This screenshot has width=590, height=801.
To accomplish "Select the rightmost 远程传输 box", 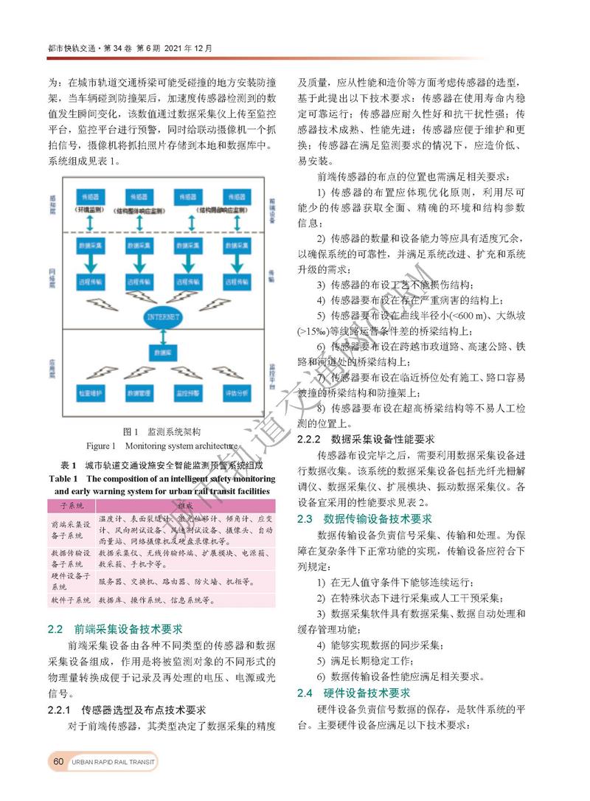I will point(236,282).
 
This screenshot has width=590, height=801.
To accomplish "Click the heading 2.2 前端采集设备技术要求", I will point(114,629).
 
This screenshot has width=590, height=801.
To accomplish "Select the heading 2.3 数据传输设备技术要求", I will point(364,519).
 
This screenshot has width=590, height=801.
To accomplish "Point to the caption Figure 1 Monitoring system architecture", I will point(163,446).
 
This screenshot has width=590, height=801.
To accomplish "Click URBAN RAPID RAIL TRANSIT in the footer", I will point(114,761).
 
